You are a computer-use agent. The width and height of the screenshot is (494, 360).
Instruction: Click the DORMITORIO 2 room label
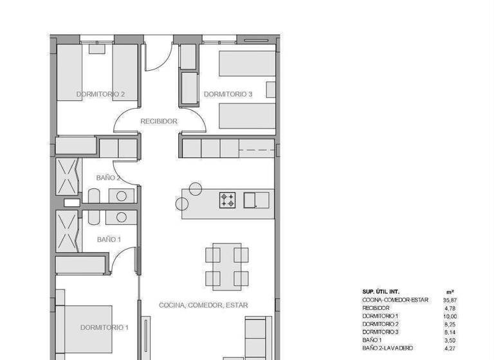pos(100,94)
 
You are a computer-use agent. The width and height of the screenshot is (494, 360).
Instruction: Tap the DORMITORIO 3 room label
pos(228,94)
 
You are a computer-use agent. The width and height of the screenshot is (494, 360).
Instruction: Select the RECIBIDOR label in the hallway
pos(159,121)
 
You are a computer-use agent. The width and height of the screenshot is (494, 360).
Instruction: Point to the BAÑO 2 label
pos(108,177)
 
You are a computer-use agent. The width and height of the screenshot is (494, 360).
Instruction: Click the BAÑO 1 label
pos(108,239)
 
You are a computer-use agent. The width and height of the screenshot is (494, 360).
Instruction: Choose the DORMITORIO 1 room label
pos(104,327)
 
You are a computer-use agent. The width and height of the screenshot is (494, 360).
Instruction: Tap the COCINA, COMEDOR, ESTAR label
pos(203,305)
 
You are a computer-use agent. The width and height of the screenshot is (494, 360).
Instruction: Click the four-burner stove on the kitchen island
pos(228,200)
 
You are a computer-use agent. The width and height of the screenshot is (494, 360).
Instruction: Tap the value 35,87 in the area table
pos(450,300)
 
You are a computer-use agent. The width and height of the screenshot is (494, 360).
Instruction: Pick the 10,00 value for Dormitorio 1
pos(450,316)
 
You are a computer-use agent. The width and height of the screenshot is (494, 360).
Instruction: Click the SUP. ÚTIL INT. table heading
pos(383,291)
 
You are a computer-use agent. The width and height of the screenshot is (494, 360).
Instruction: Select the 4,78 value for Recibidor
pos(451,308)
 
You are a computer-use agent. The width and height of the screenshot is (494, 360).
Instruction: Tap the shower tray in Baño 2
pos(67,176)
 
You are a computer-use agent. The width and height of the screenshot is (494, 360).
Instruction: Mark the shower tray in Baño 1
pos(67,231)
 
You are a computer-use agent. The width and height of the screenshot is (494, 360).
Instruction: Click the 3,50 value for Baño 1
pos(451,340)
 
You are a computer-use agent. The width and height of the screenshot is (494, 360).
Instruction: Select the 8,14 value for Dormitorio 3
pos(451,332)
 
